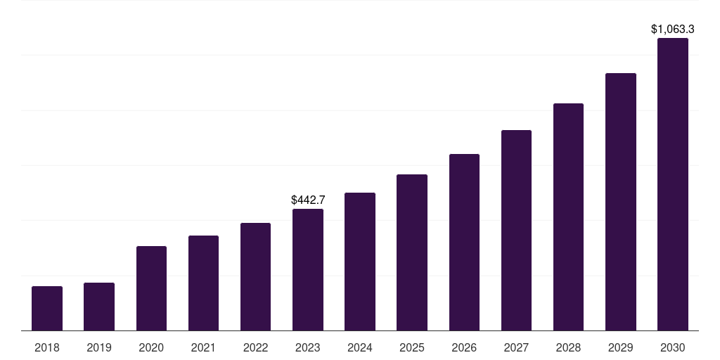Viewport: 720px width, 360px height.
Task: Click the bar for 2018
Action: tap(47, 308)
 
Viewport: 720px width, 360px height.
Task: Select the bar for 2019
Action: tap(98, 307)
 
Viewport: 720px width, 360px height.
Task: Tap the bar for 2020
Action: tap(151, 288)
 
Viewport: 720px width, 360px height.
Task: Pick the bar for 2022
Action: tap(255, 277)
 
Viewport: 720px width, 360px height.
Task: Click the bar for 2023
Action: tap(308, 270)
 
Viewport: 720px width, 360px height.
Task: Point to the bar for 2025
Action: tap(412, 252)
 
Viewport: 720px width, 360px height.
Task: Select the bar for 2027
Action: tap(516, 231)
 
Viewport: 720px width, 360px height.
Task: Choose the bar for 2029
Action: tap(620, 202)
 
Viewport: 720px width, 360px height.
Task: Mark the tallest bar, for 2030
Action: tap(673, 184)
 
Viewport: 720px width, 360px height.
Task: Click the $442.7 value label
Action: tap(308, 200)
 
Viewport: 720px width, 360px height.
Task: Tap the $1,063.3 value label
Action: tap(673, 30)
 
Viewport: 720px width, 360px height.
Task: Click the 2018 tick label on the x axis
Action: tap(47, 347)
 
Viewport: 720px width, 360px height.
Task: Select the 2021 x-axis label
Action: tap(203, 347)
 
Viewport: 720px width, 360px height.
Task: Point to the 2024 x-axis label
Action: tap(359, 347)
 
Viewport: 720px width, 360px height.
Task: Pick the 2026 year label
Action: tap(464, 347)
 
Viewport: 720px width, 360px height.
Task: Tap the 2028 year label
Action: tap(568, 347)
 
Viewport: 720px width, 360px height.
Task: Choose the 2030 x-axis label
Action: tap(673, 347)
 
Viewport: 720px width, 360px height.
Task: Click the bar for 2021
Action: tap(203, 283)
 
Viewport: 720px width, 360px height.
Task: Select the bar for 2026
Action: tap(464, 243)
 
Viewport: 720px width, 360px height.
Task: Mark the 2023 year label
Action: tap(308, 347)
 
